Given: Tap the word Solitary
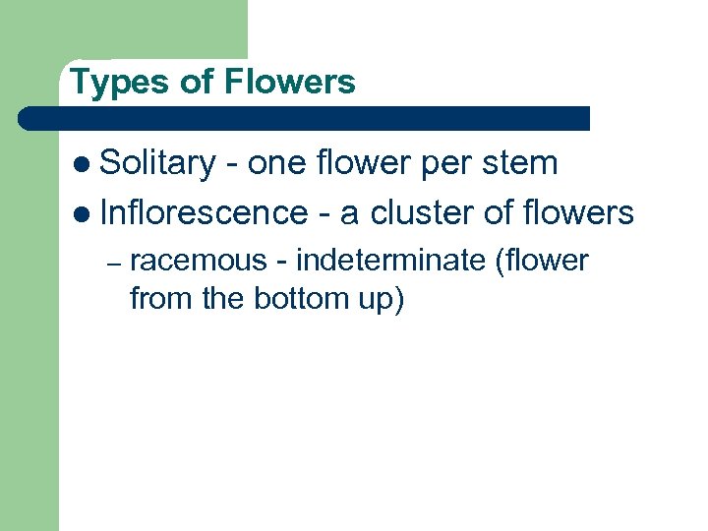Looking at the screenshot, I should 157,163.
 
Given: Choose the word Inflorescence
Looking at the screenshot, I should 204,211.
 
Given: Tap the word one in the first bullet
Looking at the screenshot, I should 278,164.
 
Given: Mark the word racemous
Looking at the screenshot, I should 198,261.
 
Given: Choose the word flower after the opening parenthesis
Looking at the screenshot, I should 547,261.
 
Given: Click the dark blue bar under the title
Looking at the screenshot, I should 305,119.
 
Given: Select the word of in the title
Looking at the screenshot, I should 196,82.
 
